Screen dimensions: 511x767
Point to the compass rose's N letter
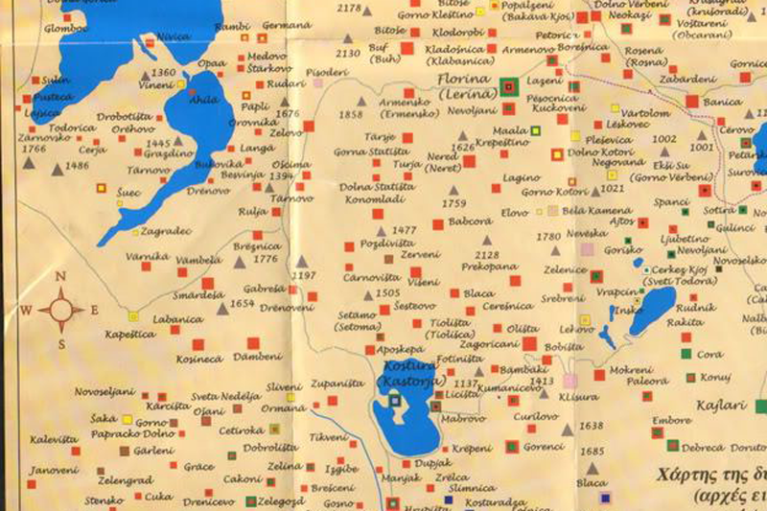click(60, 277)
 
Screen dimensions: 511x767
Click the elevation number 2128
click(487, 254)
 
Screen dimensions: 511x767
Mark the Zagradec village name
click(166, 231)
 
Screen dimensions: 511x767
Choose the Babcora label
click(470, 221)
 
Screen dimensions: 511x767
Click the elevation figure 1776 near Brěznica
click(266, 259)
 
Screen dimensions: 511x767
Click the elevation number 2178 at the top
click(349, 9)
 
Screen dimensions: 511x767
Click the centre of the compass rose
click(61, 310)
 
